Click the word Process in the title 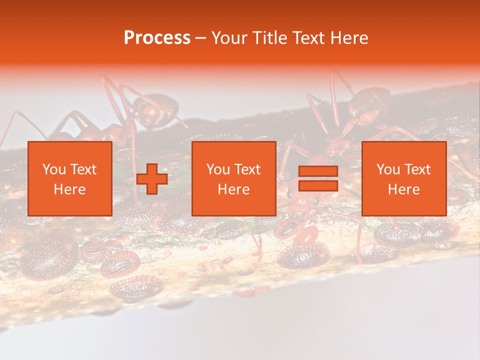pyautogui.click(x=157, y=38)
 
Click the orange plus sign pyautogui.click(x=152, y=178)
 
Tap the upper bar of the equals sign pyautogui.click(x=318, y=171)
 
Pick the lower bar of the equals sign pyautogui.click(x=318, y=185)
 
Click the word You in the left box pyautogui.click(x=54, y=169)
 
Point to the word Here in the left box pyautogui.click(x=69, y=189)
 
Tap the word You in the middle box pyautogui.click(x=218, y=169)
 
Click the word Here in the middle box pyautogui.click(x=233, y=189)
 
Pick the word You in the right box pyautogui.click(x=388, y=169)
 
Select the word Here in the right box pyautogui.click(x=403, y=189)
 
